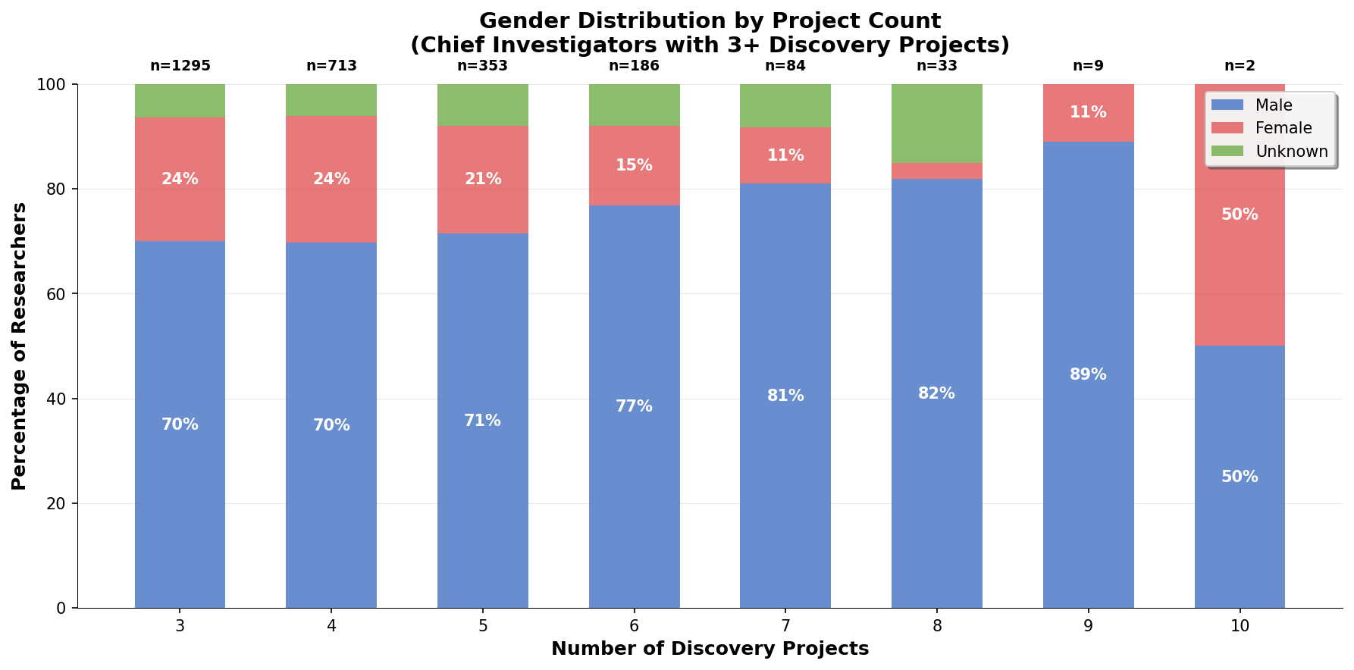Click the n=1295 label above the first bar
tap(180, 66)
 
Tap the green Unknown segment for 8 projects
tap(936, 123)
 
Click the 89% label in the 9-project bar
tap(1088, 374)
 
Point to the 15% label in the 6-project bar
tap(634, 165)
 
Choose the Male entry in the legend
tap(1273, 105)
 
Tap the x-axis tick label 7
tap(785, 626)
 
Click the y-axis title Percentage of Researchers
tap(20, 346)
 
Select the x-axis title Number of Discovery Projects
tap(710, 650)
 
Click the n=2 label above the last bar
tap(1240, 66)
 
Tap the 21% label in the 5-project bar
tap(483, 179)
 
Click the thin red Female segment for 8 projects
tap(936, 171)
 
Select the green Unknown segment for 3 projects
tap(180, 101)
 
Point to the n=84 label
tap(785, 66)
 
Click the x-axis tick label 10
tap(1240, 626)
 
